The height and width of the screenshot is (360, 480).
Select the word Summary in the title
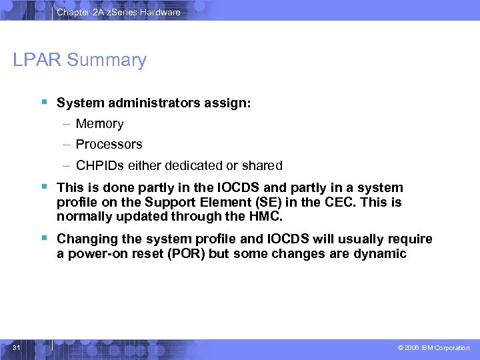107,60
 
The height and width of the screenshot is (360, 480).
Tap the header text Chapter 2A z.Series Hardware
118,12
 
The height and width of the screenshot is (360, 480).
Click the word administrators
148,103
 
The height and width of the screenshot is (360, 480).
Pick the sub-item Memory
99,124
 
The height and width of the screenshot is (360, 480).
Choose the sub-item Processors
109,145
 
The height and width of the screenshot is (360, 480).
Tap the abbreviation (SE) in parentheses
260,202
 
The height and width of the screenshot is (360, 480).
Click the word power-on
96,253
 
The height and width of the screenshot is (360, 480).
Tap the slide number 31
17,347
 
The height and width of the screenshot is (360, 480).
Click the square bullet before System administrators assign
43,102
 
